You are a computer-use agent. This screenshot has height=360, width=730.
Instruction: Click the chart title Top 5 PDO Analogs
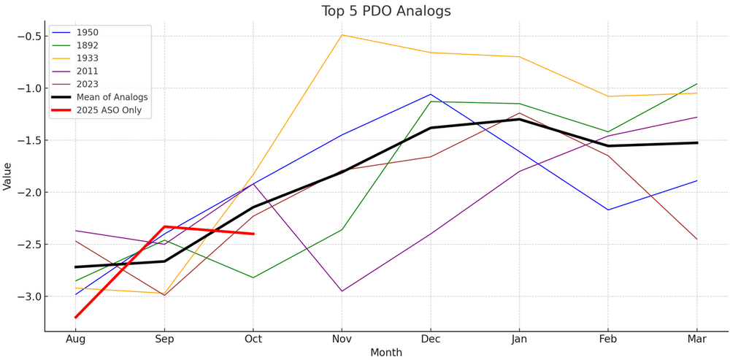[x=386, y=11]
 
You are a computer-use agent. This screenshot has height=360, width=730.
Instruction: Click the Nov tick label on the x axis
[x=342, y=339]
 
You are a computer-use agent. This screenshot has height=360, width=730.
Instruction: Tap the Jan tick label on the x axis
[x=519, y=339]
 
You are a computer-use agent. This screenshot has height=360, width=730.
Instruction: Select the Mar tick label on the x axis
[x=696, y=339]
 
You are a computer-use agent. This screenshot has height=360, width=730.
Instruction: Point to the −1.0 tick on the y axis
[x=28, y=88]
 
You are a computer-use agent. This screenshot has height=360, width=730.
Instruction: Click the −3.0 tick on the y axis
[x=28, y=296]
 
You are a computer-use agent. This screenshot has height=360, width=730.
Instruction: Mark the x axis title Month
[x=386, y=353]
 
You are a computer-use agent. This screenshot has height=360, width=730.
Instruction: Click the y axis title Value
[x=8, y=177]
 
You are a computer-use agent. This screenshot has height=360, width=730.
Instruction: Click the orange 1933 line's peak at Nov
[x=342, y=35]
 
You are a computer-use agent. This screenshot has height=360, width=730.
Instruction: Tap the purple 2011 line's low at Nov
[x=342, y=291]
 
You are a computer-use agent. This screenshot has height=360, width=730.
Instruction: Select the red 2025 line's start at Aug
[x=76, y=317]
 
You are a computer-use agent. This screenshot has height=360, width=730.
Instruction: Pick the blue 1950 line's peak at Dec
[x=431, y=94]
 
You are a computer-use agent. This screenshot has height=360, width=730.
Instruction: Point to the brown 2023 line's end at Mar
[x=696, y=239]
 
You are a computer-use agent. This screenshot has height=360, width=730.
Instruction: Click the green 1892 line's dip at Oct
[x=253, y=277]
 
